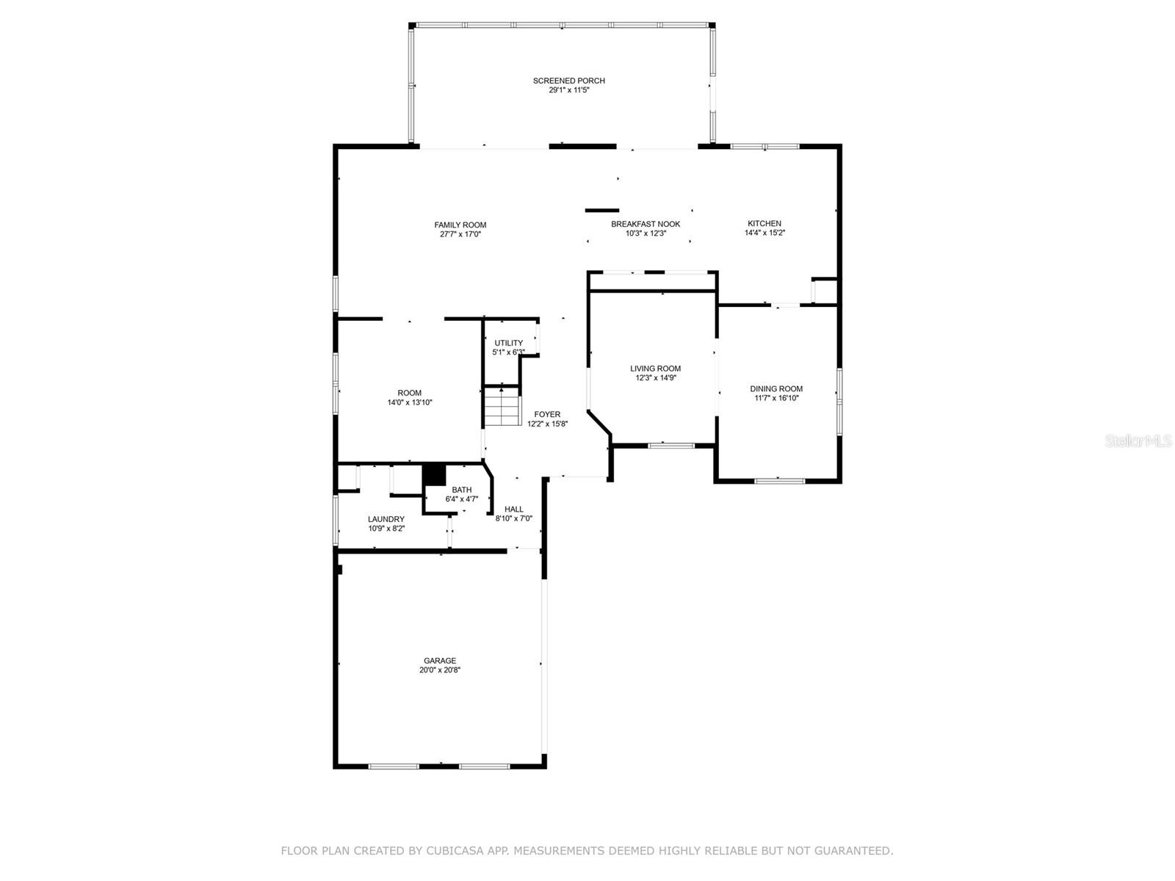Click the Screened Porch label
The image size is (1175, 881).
(568, 81)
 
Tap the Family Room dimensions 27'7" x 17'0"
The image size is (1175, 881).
(460, 235)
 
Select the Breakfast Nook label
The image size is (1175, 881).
(646, 224)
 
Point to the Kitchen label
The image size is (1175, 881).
(764, 223)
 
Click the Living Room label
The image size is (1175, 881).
(655, 369)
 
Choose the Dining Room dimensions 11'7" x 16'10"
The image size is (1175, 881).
(776, 399)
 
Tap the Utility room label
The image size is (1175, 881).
(508, 343)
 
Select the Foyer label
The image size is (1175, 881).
(547, 414)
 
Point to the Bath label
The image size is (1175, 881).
(462, 490)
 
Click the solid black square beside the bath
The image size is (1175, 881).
(435, 474)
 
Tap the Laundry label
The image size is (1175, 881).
(386, 519)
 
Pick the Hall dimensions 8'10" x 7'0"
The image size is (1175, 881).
(514, 518)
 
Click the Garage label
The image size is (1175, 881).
(439, 660)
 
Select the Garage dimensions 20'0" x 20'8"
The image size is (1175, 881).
(439, 670)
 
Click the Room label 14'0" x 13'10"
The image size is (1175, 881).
(409, 393)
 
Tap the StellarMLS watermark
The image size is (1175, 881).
(1138, 441)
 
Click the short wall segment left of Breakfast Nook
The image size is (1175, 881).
(602, 211)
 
